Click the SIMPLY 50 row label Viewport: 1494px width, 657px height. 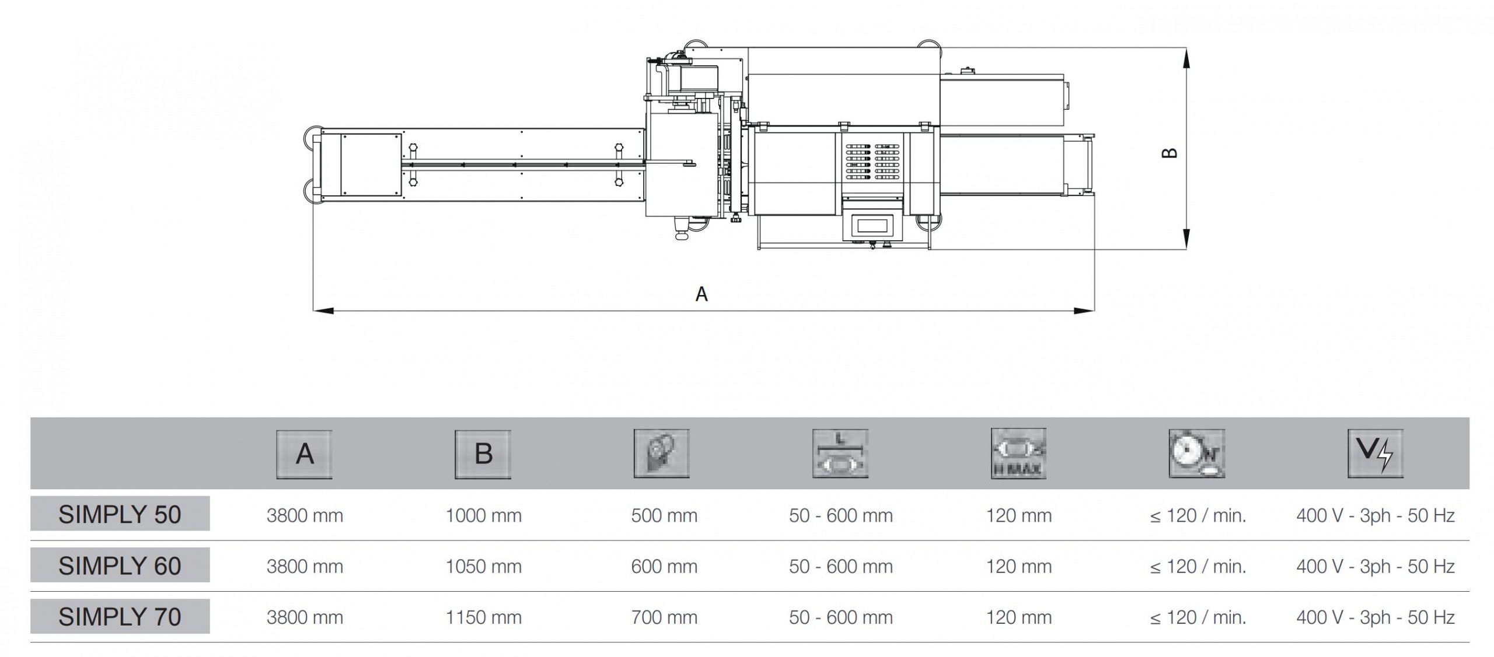tap(120, 514)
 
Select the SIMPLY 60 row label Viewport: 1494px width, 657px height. tap(120, 565)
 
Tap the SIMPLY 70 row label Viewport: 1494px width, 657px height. tap(120, 616)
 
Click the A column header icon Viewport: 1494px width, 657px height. tap(304, 454)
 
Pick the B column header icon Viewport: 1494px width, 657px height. tap(483, 454)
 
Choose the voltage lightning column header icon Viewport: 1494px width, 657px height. tap(1375, 454)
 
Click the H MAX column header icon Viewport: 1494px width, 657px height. tap(1018, 454)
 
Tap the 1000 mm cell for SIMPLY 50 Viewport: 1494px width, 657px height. tap(484, 515)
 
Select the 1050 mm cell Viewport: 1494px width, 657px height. tap(484, 566)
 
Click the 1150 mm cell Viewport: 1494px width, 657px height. tap(484, 617)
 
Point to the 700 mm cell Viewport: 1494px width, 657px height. tap(664, 617)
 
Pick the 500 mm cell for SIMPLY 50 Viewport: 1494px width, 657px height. tap(664, 515)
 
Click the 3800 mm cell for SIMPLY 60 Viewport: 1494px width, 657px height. tap(305, 566)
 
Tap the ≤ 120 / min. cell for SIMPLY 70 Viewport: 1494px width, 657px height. tap(1198, 617)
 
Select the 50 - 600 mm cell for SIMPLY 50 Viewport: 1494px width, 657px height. tap(841, 515)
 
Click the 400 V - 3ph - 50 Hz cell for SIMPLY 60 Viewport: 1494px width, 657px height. tap(1376, 566)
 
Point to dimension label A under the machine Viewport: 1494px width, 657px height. tap(701, 294)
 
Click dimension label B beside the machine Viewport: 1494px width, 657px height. tap(1170, 153)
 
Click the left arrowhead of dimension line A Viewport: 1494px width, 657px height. tap(323, 311)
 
